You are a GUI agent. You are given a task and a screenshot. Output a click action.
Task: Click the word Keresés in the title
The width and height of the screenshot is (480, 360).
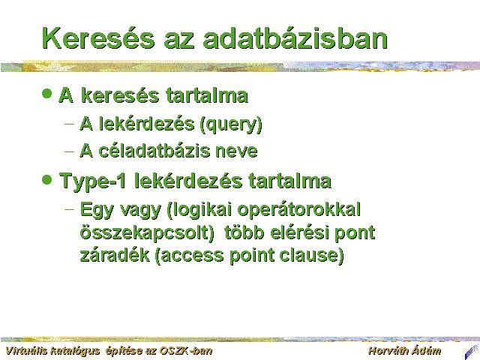98,38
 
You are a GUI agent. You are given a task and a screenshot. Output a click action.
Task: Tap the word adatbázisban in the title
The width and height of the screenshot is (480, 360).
295,38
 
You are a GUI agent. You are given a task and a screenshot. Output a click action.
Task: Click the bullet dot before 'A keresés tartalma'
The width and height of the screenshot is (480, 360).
46,93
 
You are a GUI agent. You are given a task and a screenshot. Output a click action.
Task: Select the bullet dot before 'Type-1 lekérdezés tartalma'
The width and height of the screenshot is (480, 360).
46,179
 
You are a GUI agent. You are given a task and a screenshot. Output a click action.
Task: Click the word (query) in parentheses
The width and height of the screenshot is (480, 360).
231,124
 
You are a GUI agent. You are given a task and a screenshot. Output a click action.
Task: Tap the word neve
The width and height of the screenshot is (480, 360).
236,151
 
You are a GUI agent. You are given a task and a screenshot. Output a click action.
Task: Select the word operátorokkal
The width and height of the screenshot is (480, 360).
298,210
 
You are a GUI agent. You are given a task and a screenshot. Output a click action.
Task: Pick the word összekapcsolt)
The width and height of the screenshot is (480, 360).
147,233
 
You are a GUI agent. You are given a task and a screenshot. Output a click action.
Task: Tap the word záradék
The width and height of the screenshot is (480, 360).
115,255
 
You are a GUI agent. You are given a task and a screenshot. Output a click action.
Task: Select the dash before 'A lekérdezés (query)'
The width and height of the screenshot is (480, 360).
70,124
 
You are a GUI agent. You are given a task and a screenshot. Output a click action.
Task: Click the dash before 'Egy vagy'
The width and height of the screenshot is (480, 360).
70,209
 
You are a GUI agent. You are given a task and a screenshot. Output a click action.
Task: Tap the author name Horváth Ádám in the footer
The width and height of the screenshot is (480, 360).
405,351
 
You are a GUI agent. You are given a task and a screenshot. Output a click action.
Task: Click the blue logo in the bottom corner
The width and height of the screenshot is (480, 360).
472,352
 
